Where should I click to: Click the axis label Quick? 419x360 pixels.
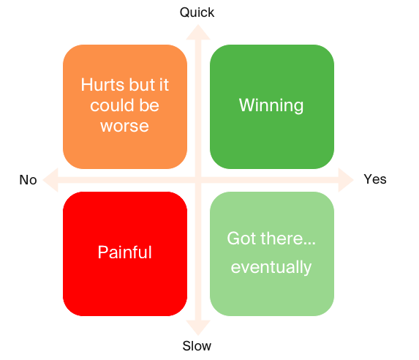tap(197, 12)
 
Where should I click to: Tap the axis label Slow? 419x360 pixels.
tap(197, 346)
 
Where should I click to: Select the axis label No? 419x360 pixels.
tap(28, 180)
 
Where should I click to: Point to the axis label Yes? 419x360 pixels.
tap(375, 179)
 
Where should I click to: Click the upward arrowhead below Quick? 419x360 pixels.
tap(198, 32)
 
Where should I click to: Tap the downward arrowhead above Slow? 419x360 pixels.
tap(198, 328)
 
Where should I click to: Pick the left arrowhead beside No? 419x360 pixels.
tap(50, 180)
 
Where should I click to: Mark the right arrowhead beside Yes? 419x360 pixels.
tap(346, 180)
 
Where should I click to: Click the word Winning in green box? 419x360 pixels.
tap(271, 105)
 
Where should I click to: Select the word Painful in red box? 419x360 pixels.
tap(125, 252)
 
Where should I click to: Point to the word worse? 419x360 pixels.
tap(124, 127)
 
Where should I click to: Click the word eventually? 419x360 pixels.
tap(271, 268)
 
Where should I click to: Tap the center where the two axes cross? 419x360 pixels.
tap(198, 180)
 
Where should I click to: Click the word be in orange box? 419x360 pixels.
tap(149, 105)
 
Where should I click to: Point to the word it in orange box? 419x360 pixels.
tap(164, 85)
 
